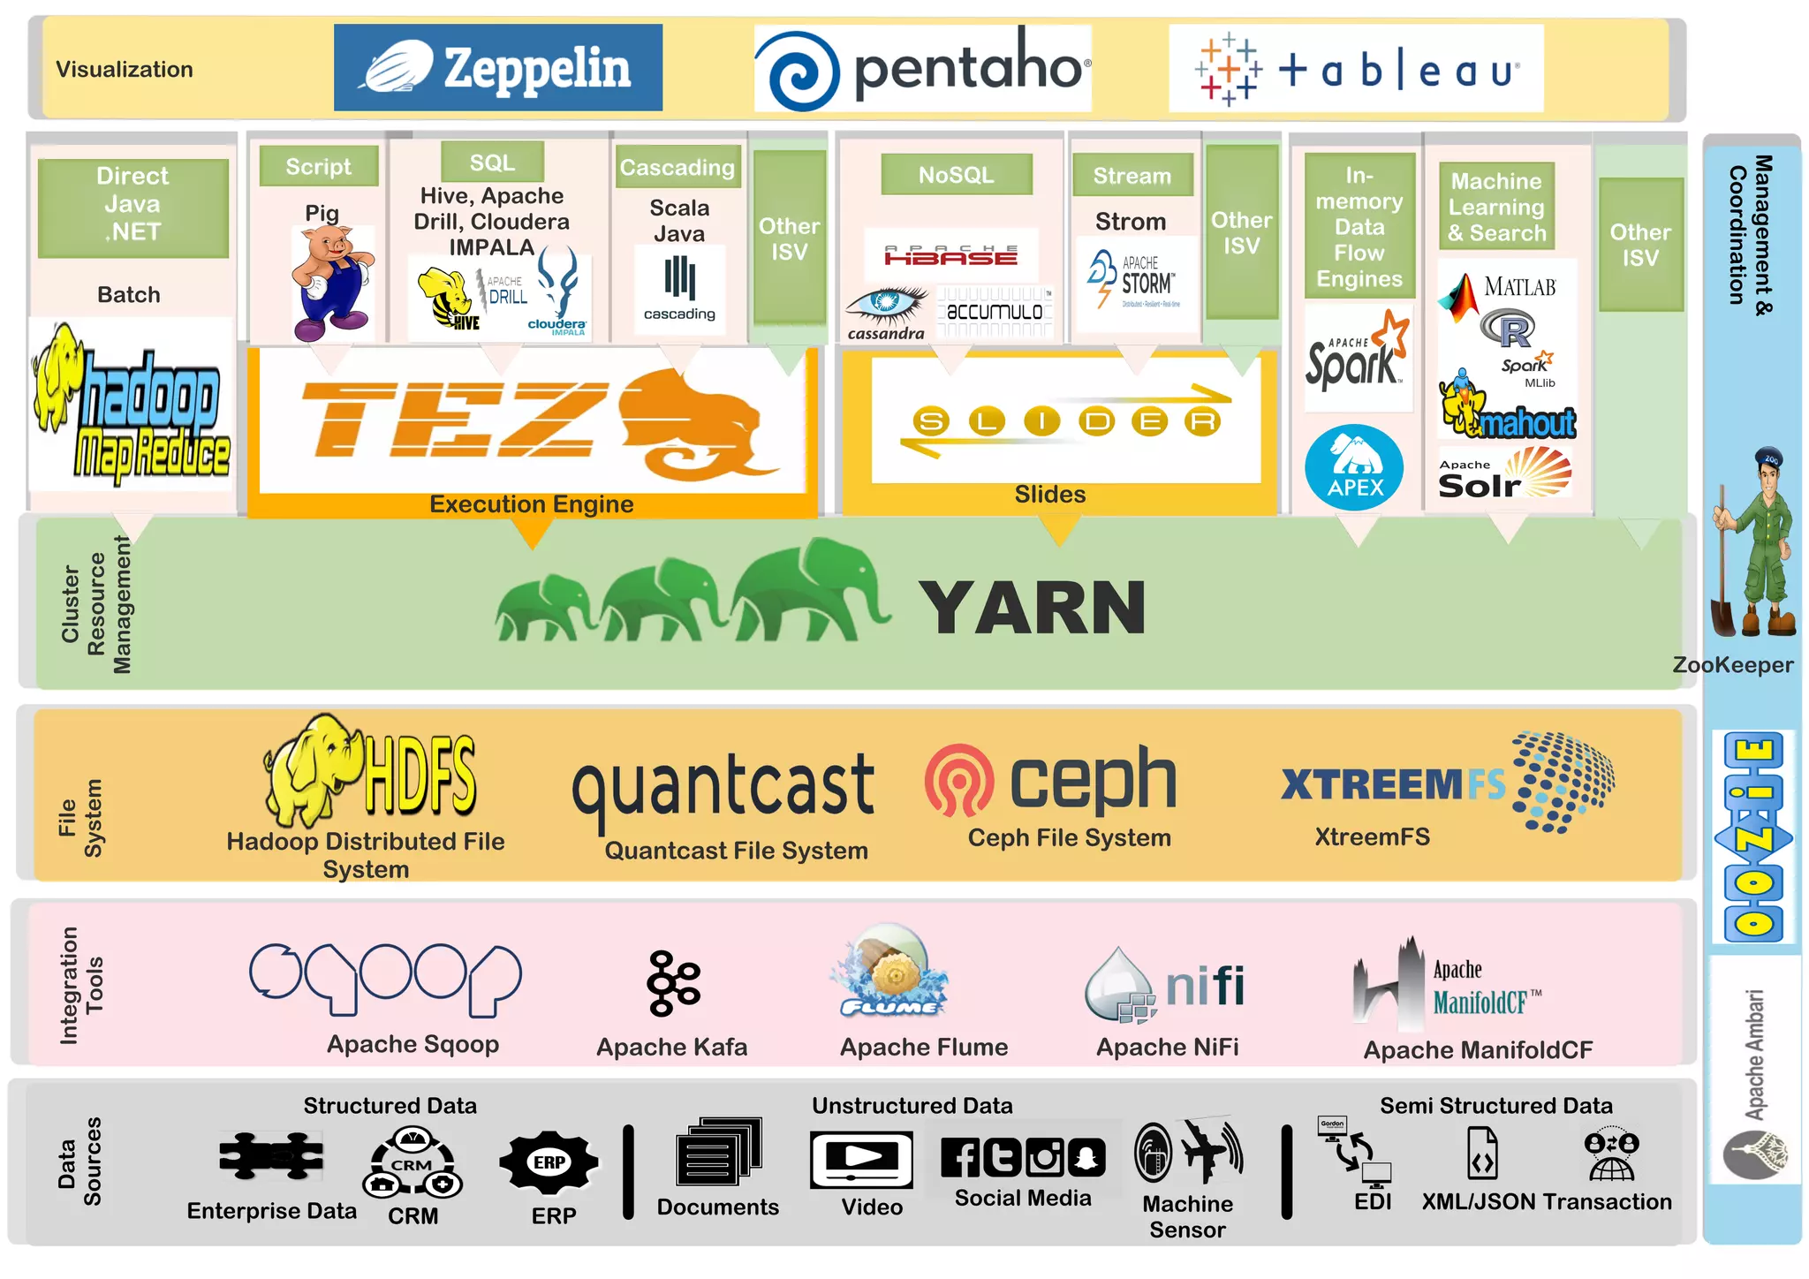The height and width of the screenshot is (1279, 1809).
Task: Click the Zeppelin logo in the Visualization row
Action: pyautogui.click(x=497, y=68)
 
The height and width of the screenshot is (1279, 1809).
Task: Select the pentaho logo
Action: pyautogui.click(x=923, y=69)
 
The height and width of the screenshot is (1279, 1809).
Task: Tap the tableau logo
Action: pyautogui.click(x=1356, y=69)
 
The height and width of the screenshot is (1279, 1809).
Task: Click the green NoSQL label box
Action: pyautogui.click(x=956, y=175)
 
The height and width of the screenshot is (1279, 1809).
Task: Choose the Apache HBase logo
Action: pyautogui.click(x=950, y=255)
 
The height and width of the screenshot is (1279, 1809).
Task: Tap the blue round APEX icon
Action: pyautogui.click(x=1353, y=467)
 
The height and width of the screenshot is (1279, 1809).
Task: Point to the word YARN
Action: pyautogui.click(x=1032, y=608)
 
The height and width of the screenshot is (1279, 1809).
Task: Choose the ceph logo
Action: pyautogui.click(x=1050, y=780)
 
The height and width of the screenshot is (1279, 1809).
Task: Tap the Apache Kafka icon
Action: pyautogui.click(x=673, y=983)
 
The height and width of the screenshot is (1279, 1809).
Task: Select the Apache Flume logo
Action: pyautogui.click(x=889, y=972)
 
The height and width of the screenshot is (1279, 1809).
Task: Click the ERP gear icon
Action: pyautogui.click(x=549, y=1162)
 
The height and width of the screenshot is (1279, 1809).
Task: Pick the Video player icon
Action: pyautogui.click(x=861, y=1159)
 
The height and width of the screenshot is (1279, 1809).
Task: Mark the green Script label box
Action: pyautogui.click(x=318, y=166)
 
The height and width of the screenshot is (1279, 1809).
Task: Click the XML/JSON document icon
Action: pyautogui.click(x=1481, y=1153)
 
